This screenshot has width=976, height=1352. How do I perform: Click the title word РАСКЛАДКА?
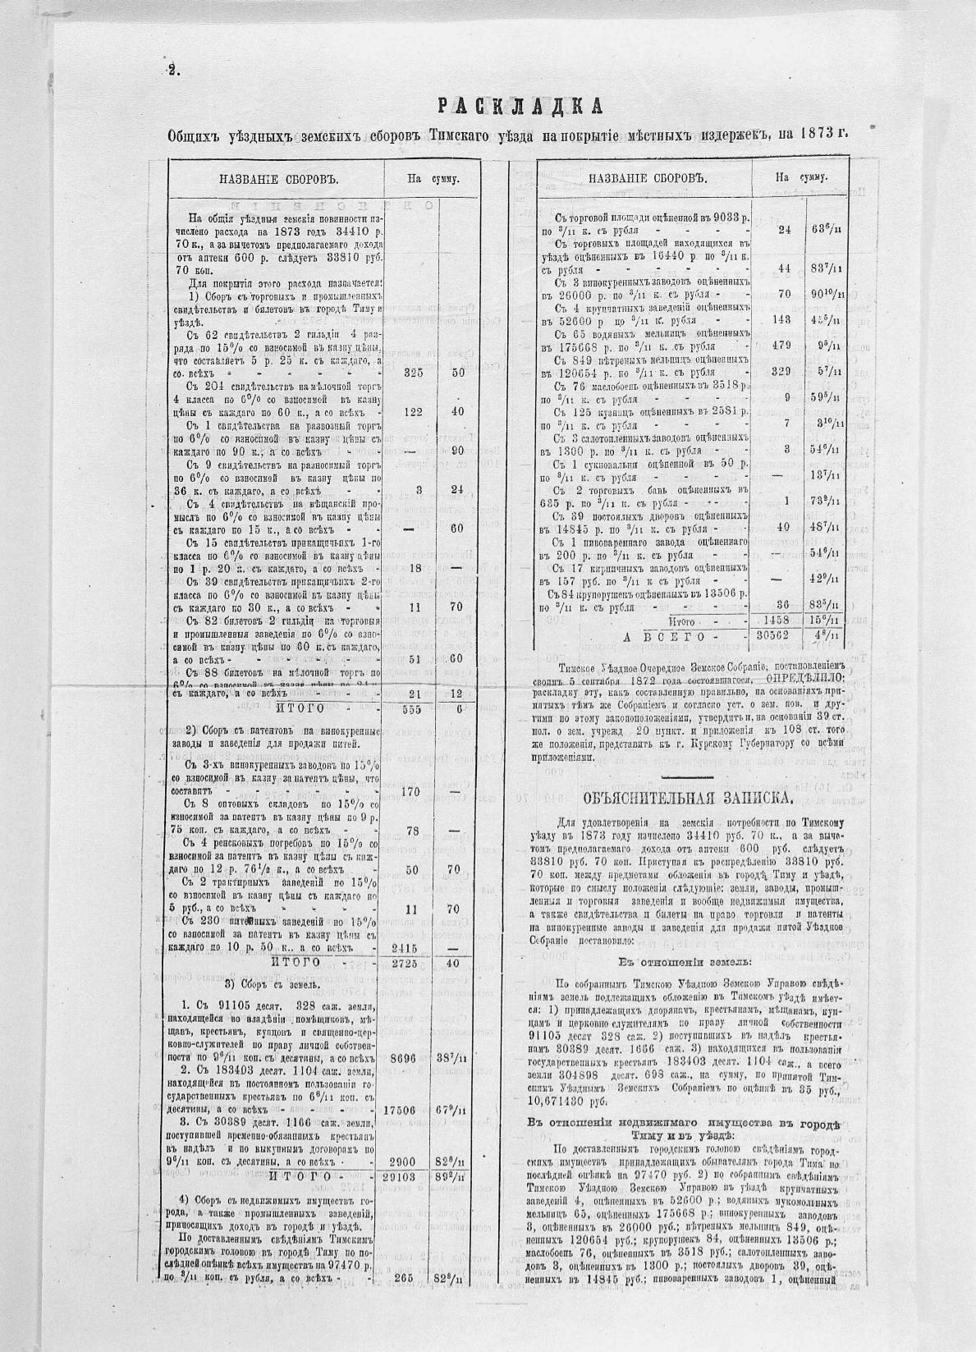pos(519,105)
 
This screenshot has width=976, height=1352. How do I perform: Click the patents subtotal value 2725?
pos(408,962)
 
